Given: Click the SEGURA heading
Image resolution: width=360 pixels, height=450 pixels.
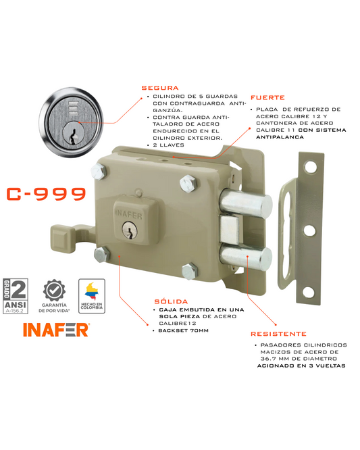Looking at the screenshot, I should click(159, 88).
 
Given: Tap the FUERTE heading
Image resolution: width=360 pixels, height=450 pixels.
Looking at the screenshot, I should click(267, 97).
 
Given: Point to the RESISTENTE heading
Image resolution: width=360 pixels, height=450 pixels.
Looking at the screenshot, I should click(278, 334).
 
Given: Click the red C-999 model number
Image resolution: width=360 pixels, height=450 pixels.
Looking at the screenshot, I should click(46, 195).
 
